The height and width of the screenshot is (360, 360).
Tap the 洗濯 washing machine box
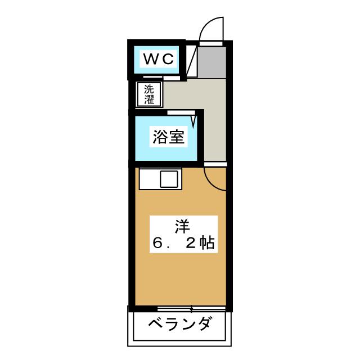(x=149, y=94)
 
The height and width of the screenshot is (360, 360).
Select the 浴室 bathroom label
(x=168, y=137)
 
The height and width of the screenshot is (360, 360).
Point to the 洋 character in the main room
(x=181, y=226)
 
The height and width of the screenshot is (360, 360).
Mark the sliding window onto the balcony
(x=191, y=308)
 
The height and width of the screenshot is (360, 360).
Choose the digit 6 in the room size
(x=157, y=244)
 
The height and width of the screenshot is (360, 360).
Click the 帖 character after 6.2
(x=206, y=244)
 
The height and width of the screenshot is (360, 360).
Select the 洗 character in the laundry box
(x=149, y=89)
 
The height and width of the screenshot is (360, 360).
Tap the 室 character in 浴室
(x=177, y=137)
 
